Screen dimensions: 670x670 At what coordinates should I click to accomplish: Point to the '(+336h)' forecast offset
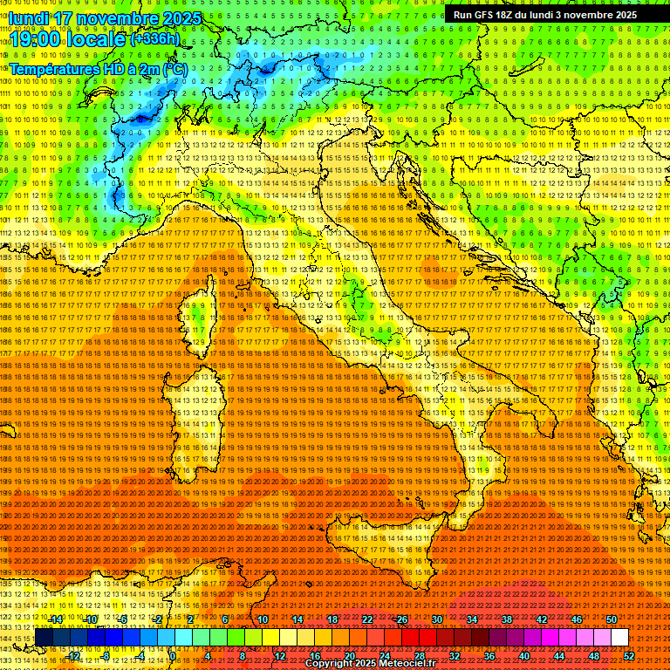click(154, 39)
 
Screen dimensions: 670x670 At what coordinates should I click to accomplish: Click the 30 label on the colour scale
click(436, 619)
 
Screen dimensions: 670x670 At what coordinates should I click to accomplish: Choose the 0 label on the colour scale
click(173, 655)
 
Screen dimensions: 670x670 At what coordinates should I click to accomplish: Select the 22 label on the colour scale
click(367, 619)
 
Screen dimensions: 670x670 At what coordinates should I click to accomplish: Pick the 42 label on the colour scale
click(541, 619)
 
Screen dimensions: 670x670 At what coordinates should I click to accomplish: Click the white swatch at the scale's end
click(619, 637)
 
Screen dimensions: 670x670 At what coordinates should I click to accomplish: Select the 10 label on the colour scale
click(263, 619)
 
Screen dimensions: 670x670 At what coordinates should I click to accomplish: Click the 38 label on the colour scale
click(506, 619)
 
